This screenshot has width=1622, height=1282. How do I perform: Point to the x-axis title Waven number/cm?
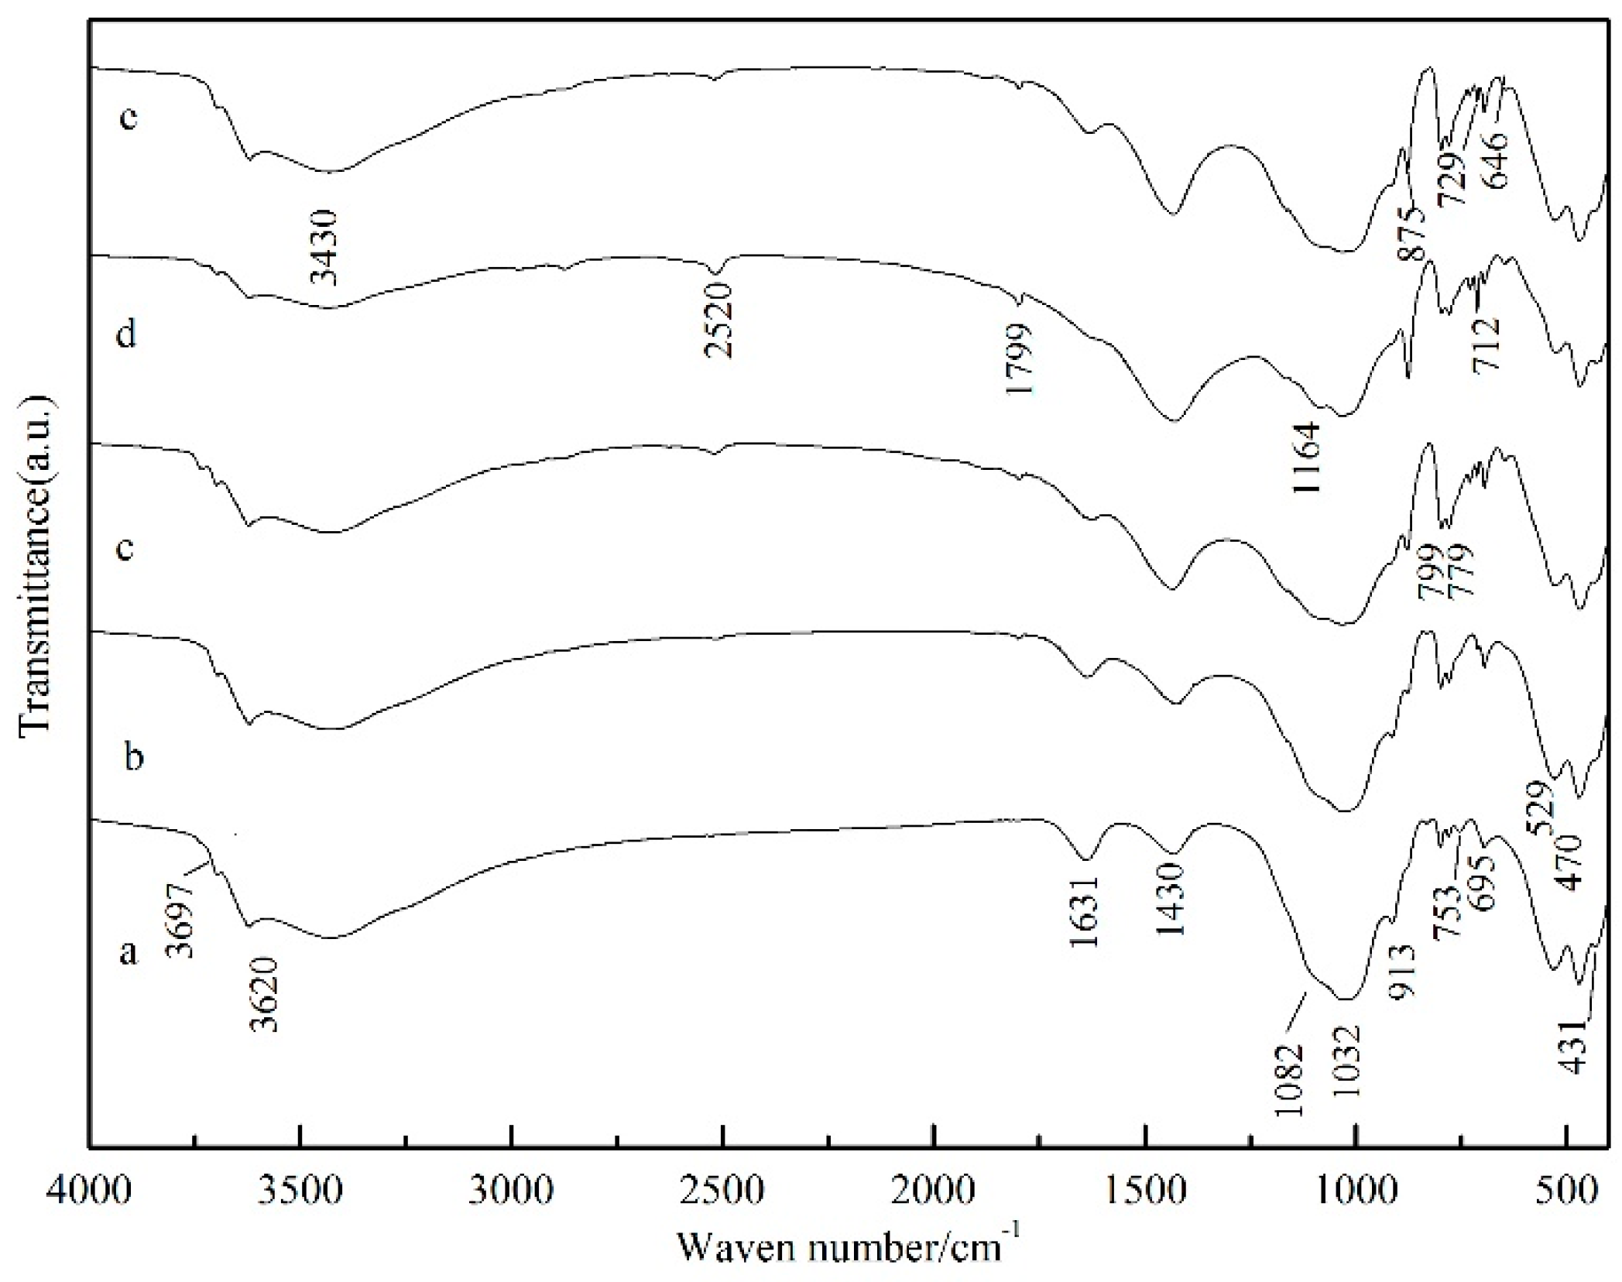849,1245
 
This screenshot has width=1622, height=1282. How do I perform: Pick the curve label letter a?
129,953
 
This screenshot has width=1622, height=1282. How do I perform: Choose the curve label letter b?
134,756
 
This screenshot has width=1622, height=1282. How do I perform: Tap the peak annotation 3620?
263,995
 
